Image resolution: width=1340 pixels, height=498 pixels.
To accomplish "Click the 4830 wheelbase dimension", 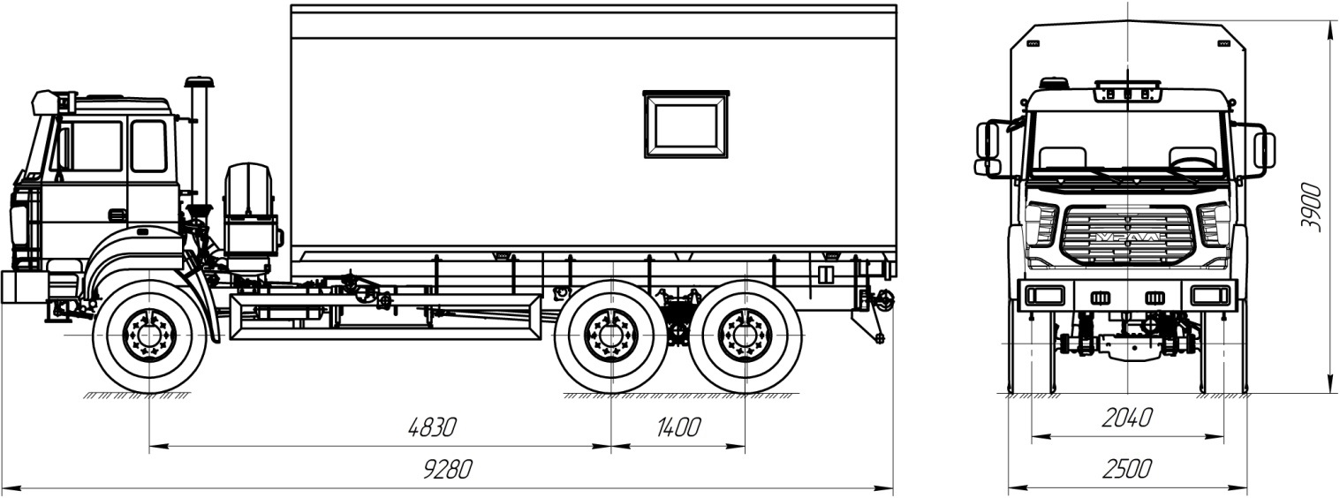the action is [x=432, y=427].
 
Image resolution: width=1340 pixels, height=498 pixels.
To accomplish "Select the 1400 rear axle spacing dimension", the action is [x=678, y=427].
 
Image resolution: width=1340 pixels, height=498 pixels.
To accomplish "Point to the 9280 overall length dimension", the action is [x=448, y=470].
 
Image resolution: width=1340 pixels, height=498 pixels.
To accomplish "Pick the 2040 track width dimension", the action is [x=1127, y=418].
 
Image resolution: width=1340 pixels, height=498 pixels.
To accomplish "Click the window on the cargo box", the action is [x=686, y=124].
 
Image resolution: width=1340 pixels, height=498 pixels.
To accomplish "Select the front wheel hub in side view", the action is [x=149, y=336].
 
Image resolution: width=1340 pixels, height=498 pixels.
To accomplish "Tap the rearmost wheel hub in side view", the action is [x=745, y=336].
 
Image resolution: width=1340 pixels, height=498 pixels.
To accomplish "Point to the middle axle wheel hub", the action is [x=610, y=336].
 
